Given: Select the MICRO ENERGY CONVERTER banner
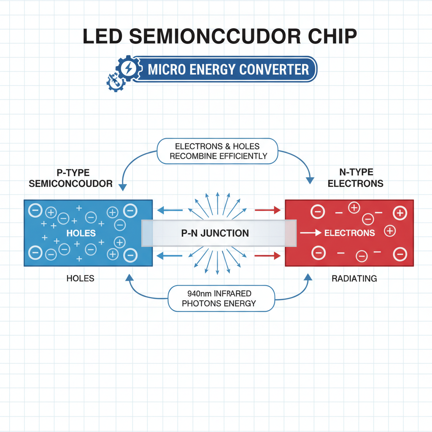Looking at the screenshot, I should tap(228, 69).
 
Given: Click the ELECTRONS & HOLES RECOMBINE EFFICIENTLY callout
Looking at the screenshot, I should tap(217, 151).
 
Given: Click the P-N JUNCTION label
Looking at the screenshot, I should tap(215, 233).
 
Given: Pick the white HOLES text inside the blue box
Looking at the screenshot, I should tap(81, 233).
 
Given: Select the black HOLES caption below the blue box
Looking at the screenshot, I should tap(80, 278).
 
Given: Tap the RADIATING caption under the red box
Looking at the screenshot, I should tap(354, 278).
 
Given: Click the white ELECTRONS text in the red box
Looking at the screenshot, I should tap(349, 233).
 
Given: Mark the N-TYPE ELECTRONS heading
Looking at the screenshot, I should tap(356, 178).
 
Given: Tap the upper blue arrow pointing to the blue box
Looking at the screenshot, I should tap(170, 210).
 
